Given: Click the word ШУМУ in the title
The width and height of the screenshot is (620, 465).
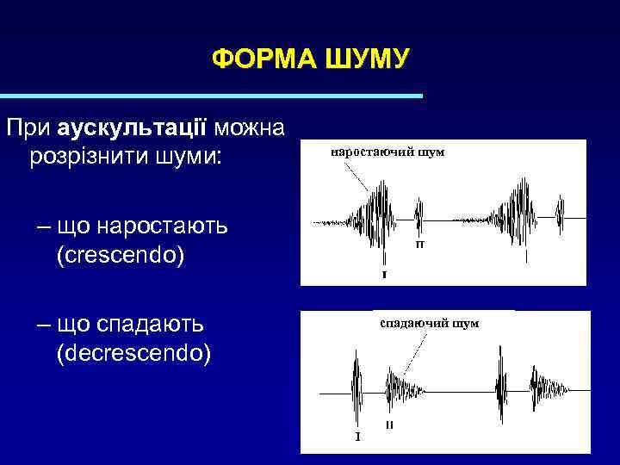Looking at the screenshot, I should click(368, 59).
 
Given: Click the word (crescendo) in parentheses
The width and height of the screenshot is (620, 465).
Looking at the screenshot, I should click(120, 256).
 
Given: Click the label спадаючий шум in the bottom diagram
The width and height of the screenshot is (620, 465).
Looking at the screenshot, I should click(429, 323).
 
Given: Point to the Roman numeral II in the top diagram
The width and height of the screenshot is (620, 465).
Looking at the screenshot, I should click(419, 245).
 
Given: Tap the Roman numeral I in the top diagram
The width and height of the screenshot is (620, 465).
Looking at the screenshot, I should click(383, 276).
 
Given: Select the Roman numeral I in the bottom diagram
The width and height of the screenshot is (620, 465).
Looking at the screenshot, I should click(357, 437).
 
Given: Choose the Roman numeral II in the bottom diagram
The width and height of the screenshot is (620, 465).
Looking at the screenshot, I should click(390, 425).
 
